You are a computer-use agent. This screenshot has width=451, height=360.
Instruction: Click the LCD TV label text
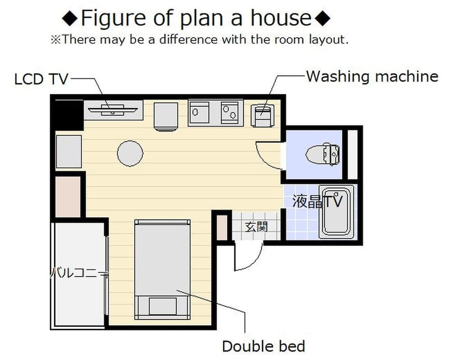click(41, 79)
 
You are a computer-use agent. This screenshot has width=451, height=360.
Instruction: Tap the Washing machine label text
click(372, 76)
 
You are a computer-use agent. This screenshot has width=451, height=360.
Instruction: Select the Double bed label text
click(263, 346)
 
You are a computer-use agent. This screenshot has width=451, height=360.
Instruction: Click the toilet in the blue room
click(322, 154)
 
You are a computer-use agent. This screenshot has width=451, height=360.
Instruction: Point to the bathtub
click(336, 211)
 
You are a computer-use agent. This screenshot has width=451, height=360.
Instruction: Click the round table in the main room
click(130, 154)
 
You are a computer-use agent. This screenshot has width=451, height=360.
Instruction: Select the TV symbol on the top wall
click(113, 109)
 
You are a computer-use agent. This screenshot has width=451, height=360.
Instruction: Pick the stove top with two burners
click(232, 113)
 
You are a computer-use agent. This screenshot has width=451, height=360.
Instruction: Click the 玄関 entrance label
click(256, 227)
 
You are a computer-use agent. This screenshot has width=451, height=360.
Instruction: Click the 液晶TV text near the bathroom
click(317, 201)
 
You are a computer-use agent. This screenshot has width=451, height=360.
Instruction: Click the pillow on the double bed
click(162, 306)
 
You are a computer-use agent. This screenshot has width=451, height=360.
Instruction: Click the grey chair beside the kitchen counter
click(166, 116)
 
